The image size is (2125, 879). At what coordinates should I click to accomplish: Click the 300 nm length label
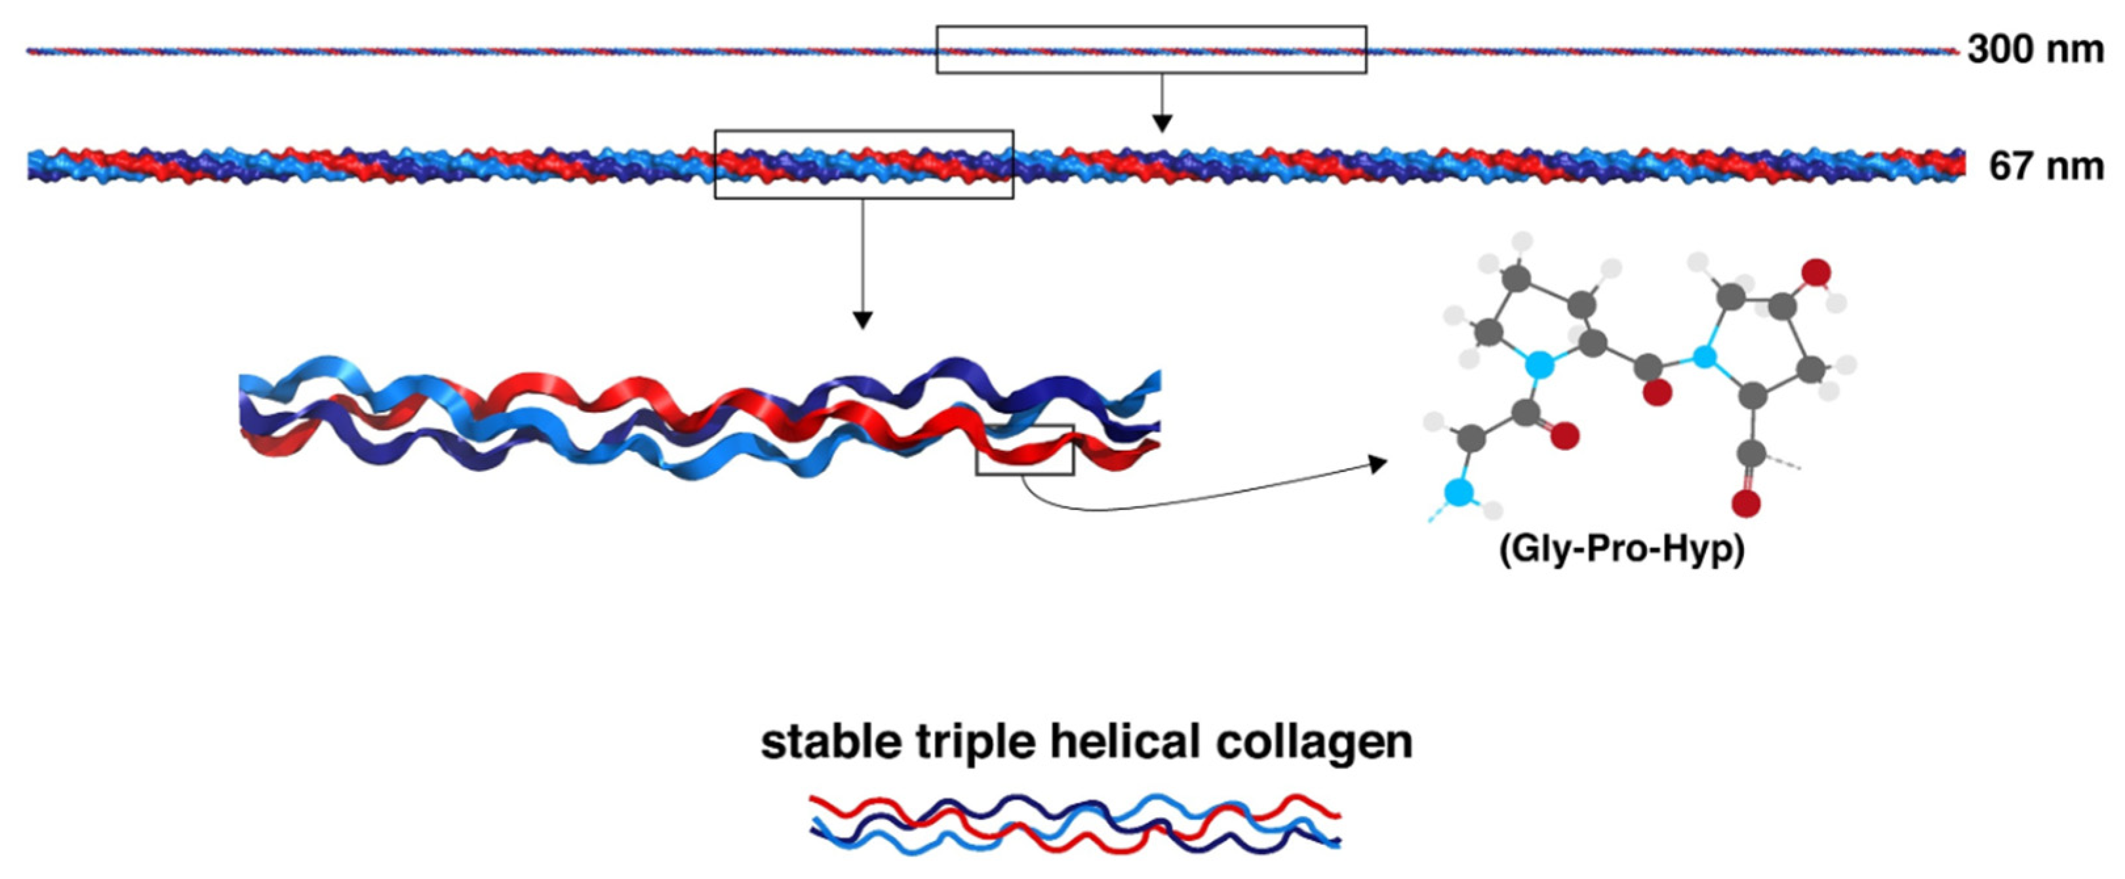[2035, 49]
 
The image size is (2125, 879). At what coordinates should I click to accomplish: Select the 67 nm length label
[2045, 166]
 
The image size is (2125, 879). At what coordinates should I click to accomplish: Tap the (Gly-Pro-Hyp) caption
[1621, 549]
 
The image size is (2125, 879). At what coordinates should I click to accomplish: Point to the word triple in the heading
[975, 743]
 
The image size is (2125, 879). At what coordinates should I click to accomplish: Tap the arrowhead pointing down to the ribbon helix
[862, 320]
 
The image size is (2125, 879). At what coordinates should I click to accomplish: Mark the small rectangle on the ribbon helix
[1025, 450]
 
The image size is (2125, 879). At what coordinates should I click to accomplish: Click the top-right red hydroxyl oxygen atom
[1816, 271]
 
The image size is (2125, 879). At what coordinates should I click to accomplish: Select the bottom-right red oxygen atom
[1747, 502]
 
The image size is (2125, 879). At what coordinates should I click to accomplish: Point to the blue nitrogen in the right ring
[1703, 357]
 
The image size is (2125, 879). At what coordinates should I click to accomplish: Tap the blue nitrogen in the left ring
[1537, 363]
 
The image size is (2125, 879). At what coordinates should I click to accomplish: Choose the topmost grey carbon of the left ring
[1516, 279]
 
